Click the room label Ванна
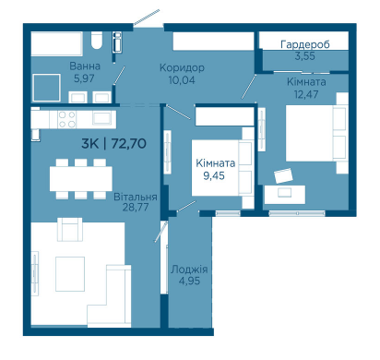coord(85,66)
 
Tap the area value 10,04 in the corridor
coord(182,80)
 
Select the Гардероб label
coord(305,44)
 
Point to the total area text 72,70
coord(128,144)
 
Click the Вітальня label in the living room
coord(136,197)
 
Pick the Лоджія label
coord(189,270)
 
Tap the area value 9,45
coord(214,175)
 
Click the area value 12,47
coord(306,94)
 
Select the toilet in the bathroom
coord(97,41)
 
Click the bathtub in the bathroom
coord(57,43)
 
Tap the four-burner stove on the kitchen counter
coord(67,119)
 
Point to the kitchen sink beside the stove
coord(101,119)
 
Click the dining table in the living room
coord(81,178)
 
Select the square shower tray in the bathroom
coord(46,88)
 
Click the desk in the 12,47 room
coord(285,194)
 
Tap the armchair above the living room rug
coord(70,229)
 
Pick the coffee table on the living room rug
coord(70,274)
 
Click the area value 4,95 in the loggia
coord(189,281)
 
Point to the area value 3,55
coord(305,56)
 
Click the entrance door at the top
coord(147,17)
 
